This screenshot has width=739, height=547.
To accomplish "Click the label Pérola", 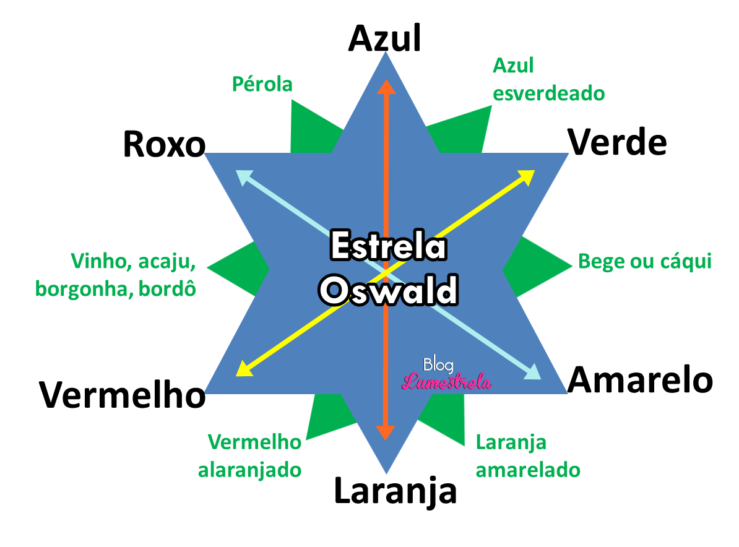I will point(262,84).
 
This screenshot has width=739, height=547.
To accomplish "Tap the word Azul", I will point(513,66).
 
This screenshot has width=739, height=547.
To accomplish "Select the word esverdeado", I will point(548,93).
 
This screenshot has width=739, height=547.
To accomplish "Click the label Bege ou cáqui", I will point(644,262).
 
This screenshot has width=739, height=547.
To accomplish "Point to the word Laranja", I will point(511,442).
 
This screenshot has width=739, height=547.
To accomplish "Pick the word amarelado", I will point(528,470).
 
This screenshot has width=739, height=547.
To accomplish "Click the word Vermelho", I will point(254,442).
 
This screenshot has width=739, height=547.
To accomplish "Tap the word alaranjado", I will point(249,470).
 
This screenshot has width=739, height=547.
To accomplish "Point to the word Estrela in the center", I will point(388,246).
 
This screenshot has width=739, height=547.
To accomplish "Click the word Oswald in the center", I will point(388,290).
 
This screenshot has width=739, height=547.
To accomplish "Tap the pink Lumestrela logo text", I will point(446,382).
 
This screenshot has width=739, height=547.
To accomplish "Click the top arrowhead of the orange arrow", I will point(386,87).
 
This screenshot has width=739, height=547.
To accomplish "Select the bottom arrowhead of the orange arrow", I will point(386,433).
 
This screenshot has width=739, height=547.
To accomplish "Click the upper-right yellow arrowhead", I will point(527,176).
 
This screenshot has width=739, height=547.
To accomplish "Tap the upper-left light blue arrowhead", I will point(243,176).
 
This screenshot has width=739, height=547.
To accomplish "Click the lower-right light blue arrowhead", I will point(533,373).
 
